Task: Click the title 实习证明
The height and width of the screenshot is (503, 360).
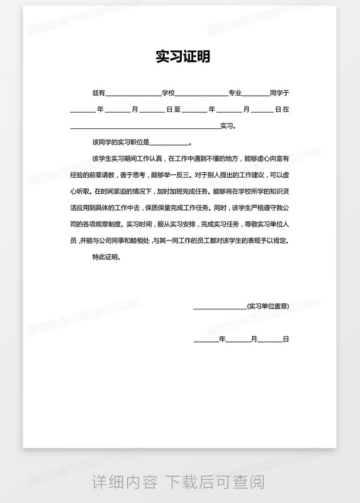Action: tap(183, 57)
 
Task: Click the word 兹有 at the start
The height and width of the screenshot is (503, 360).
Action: tap(99, 93)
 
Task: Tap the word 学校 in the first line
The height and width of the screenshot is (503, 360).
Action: tap(168, 93)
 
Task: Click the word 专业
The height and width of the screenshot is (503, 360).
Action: tap(235, 93)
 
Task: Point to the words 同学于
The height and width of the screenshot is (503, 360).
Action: tap(279, 93)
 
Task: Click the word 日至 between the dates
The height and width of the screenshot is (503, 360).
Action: tap(173, 110)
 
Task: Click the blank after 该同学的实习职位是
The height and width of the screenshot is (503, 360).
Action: tap(169, 144)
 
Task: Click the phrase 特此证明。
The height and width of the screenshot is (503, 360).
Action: tap(107, 257)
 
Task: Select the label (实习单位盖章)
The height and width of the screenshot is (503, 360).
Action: tap(268, 306)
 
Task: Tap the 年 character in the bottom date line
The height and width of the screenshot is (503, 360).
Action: tap(222, 339)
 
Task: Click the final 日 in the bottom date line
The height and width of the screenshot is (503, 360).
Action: tap(286, 339)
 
